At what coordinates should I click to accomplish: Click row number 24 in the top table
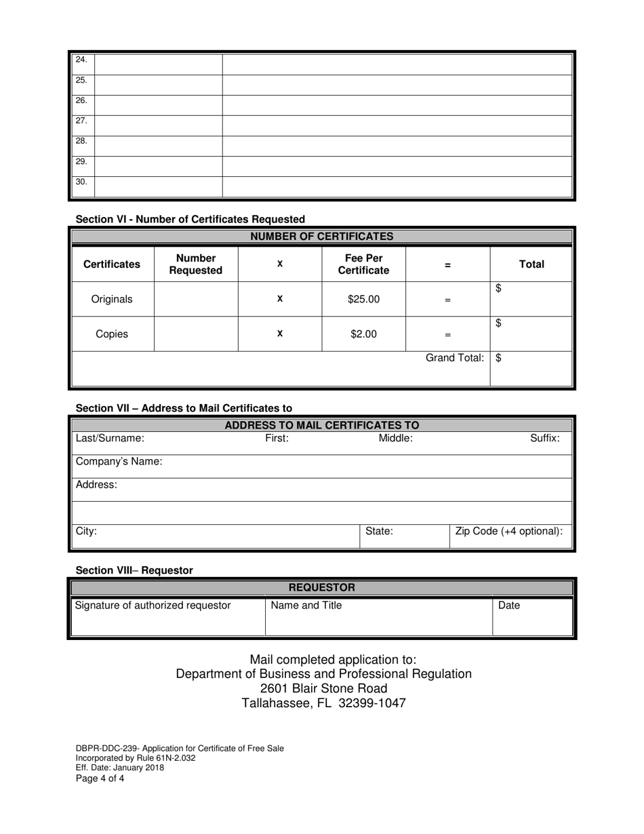coord(81,60)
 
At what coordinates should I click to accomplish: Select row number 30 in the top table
coord(81,182)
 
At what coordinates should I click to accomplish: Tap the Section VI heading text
coord(190,219)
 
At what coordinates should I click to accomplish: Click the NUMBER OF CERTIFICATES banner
coord(321,237)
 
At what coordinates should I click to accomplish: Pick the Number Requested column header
coord(195,264)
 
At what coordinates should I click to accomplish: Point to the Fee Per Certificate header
coord(363,264)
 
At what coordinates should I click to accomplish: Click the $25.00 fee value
coord(363,299)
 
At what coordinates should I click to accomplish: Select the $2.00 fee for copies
coord(363,334)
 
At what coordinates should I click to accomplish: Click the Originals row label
coord(112,299)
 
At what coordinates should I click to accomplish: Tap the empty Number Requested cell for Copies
coord(196,334)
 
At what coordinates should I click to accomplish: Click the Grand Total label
coord(454,358)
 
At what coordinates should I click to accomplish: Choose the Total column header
coord(531,264)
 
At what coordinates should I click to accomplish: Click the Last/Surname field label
coord(110,439)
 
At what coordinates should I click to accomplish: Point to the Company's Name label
coord(119,462)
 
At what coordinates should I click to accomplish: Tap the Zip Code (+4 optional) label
coord(509,532)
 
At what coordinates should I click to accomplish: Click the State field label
coord(379,532)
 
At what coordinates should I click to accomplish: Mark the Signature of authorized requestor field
coord(153,605)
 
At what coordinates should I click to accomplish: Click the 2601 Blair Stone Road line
coord(323,688)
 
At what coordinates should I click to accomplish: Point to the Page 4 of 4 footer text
coord(100,778)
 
